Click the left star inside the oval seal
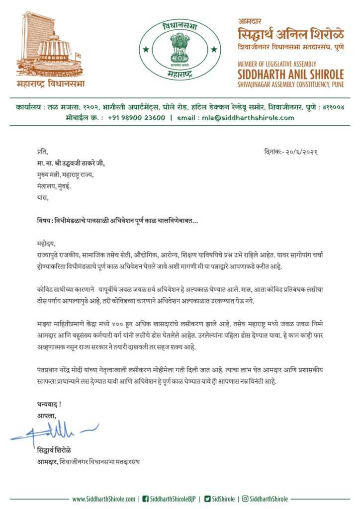(146, 49)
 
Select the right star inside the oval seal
(214, 49)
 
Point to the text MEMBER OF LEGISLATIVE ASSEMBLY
(276, 64)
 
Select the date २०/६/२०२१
(300, 151)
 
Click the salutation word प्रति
(43, 151)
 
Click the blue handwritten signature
(55, 430)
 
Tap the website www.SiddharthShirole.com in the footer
(103, 499)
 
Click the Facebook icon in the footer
(146, 499)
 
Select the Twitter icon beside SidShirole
(207, 499)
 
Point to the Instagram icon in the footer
(245, 499)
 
